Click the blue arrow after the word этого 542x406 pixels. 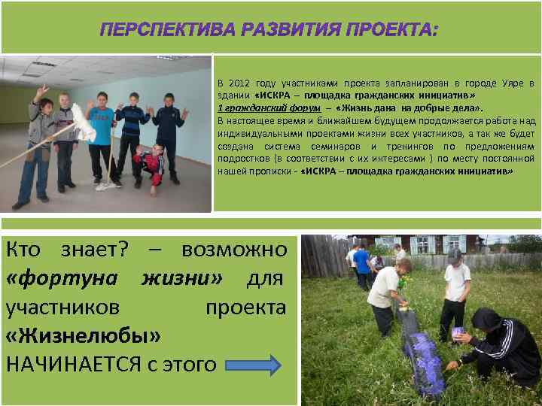pos(252,365)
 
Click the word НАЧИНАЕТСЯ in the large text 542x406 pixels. pos(73,365)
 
